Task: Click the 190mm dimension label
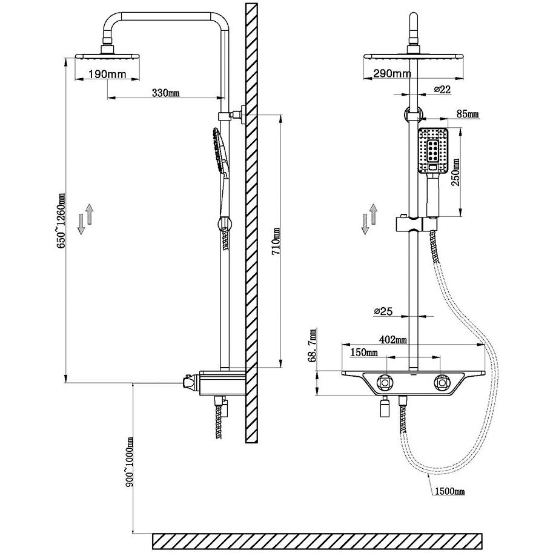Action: [107, 75]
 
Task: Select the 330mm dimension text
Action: [166, 93]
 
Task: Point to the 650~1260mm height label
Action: [61, 221]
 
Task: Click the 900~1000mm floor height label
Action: [130, 462]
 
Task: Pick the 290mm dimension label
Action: [392, 73]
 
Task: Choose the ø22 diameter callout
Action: [442, 90]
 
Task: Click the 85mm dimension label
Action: [468, 114]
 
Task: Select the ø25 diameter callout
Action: [383, 311]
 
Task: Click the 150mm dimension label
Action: [364, 352]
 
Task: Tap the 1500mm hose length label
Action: [450, 491]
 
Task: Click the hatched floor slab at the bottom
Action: [317, 541]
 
